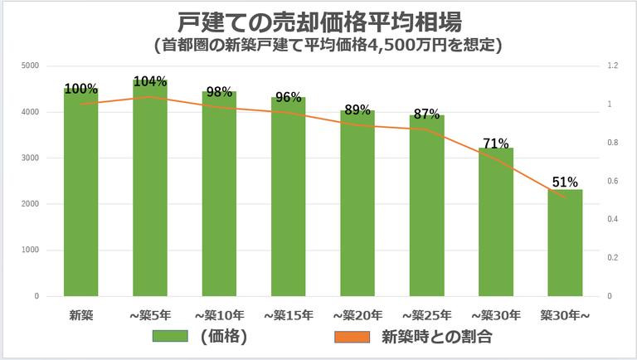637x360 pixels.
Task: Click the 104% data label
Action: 150,81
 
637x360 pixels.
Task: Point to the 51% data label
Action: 565,182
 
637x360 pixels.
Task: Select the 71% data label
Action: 495,143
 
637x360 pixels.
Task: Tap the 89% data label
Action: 357,109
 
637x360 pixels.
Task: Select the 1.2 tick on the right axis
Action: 612,66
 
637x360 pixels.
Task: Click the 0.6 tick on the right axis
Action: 612,181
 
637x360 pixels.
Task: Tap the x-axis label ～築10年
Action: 219,315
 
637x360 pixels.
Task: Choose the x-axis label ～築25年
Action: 426,315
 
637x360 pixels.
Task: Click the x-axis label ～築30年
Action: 495,315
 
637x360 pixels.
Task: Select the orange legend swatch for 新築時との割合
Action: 353,337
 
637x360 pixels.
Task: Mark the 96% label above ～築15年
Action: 288,94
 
